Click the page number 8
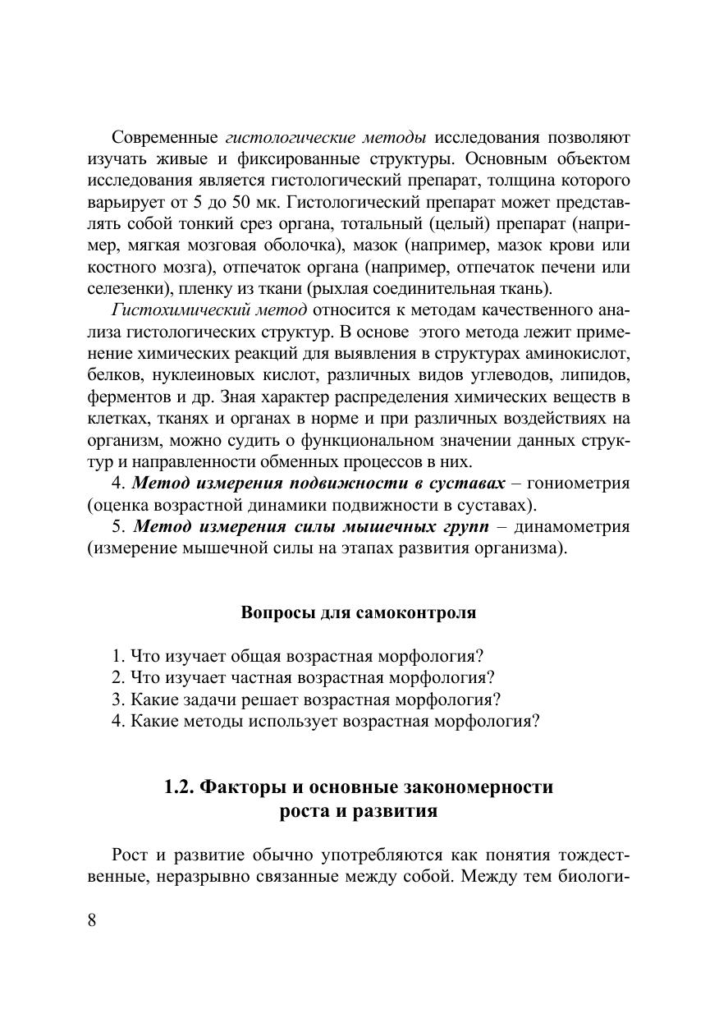[x=92, y=920]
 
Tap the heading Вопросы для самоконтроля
[x=359, y=613]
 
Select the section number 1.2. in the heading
[x=180, y=787]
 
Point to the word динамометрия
[x=580, y=526]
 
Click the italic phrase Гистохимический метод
[x=208, y=310]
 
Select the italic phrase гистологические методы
[x=325, y=136]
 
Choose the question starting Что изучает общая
[x=297, y=657]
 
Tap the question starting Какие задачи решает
[x=305, y=699]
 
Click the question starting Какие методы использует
[x=325, y=721]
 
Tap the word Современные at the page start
[x=164, y=136]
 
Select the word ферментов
[x=124, y=396]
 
